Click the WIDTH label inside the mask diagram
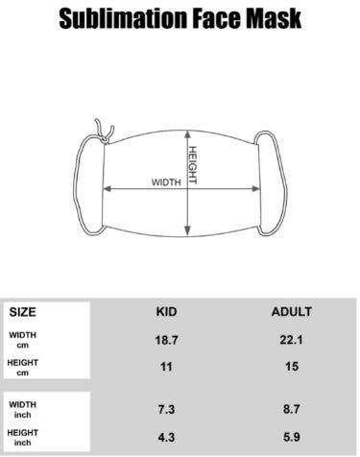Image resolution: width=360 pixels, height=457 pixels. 166,182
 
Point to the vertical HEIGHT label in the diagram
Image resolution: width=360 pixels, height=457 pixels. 192,165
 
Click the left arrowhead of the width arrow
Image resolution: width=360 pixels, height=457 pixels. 108,189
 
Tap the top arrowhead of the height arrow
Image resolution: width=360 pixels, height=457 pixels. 188,134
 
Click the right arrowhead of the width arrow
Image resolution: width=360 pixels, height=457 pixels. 256,189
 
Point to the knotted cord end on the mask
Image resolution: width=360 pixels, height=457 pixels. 105,132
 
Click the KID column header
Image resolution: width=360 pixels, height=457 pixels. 166,312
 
